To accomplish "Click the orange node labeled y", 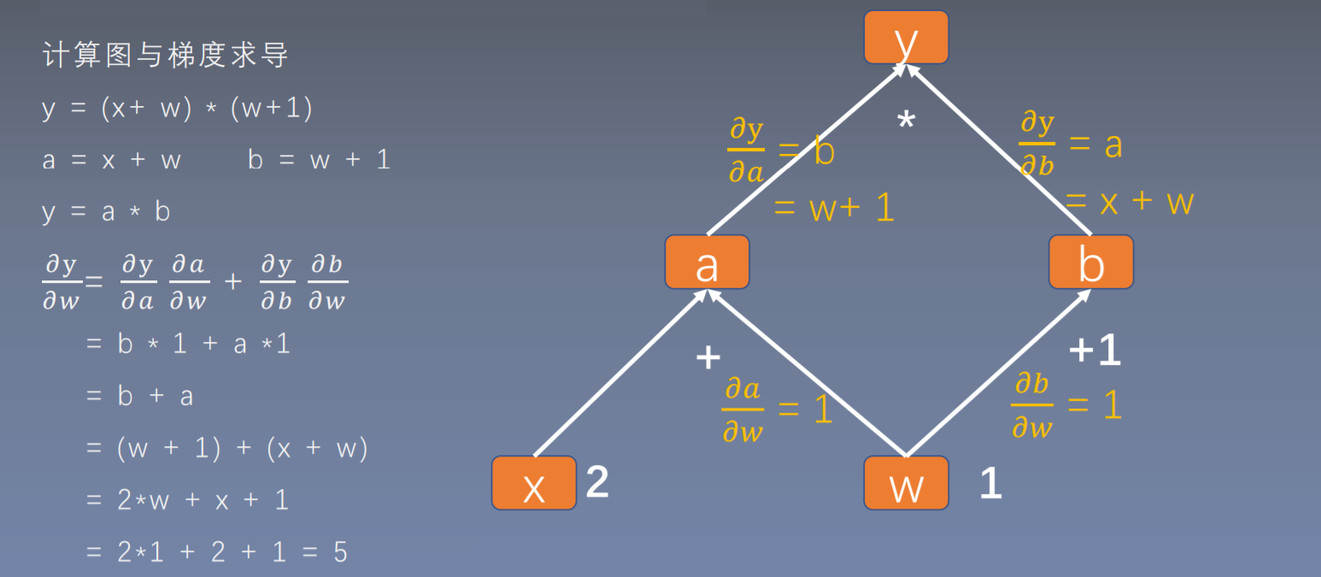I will (906, 38).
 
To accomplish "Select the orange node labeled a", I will (707, 262).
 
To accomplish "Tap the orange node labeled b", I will (1091, 262).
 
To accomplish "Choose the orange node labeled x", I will (534, 483).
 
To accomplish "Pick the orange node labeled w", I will (906, 483).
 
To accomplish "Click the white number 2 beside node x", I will (597, 482).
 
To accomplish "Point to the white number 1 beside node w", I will (990, 484).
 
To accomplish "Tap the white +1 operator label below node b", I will (1095, 350).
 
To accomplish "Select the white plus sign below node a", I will (708, 357).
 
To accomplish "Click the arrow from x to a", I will (619, 373).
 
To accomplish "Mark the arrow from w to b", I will (998, 373).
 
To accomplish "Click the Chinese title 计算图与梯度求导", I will (166, 56).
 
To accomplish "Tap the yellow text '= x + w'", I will (1129, 203).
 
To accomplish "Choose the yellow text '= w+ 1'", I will (833, 208).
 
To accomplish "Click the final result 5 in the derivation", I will (340, 552).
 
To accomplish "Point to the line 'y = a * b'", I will (106, 212).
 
